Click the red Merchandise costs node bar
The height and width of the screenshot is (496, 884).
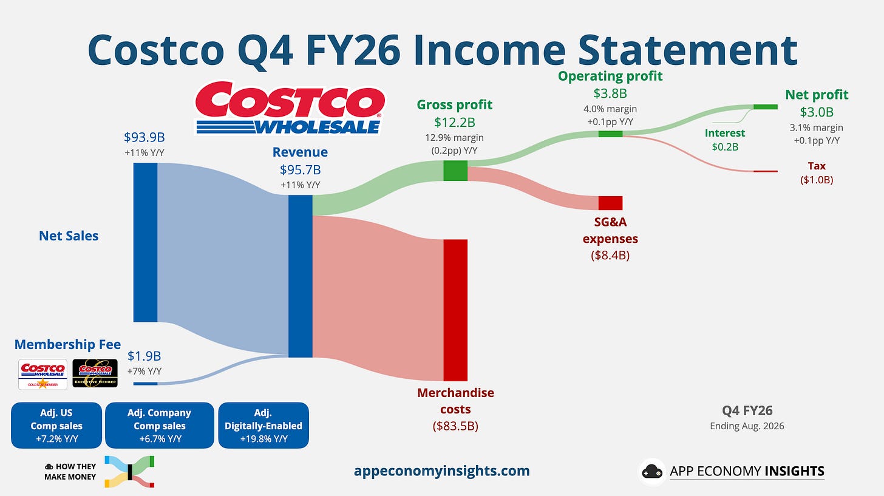[455, 310]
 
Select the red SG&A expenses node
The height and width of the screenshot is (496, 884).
[611, 203]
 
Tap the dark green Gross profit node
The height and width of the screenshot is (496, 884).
[455, 171]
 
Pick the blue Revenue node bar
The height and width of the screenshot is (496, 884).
[301, 276]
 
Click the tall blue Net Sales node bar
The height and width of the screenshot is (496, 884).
[145, 242]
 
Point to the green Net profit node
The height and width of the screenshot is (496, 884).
[766, 106]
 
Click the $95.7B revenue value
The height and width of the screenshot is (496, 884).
[301, 169]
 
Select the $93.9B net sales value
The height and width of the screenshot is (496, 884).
[144, 137]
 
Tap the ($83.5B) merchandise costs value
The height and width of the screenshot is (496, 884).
[455, 426]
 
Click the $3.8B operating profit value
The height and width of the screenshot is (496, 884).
[610, 93]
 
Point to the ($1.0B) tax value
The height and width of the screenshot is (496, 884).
[817, 180]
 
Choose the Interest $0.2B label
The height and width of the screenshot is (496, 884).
[725, 140]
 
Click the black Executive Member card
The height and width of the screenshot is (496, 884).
[95, 373]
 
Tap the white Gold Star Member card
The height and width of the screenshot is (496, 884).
[42, 374]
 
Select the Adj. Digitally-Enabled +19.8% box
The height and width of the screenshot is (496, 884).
[263, 426]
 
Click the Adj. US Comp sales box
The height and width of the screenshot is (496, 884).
[56, 426]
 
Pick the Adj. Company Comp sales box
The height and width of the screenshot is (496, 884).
[160, 426]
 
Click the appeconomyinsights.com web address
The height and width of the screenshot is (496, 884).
[441, 471]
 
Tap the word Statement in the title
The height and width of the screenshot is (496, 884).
[688, 50]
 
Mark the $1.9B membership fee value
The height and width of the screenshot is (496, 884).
[144, 356]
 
